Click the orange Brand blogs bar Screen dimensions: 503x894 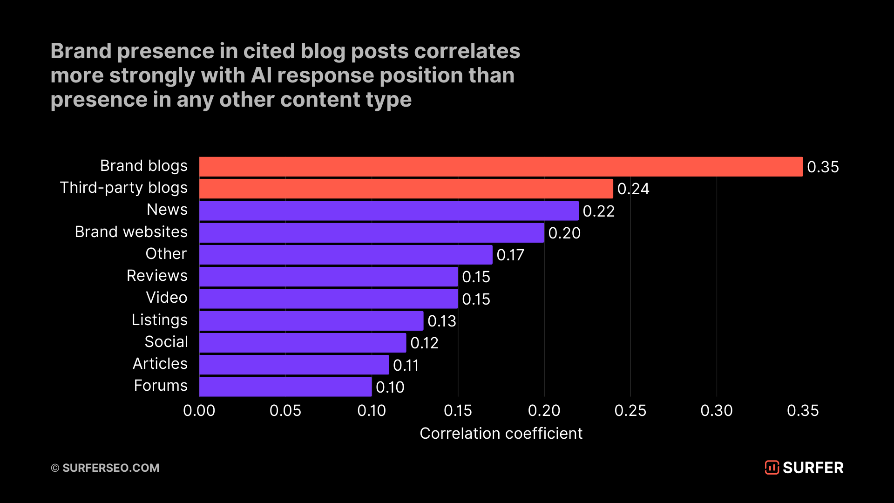(x=501, y=167)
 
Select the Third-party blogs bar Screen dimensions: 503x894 (x=406, y=189)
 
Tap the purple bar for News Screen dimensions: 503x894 (x=389, y=211)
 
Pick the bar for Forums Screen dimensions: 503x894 (x=285, y=387)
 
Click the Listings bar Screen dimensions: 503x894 (x=311, y=320)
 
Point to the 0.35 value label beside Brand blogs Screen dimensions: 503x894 (x=823, y=167)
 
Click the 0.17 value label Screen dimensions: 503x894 (x=510, y=255)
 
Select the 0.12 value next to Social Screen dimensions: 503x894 (x=424, y=343)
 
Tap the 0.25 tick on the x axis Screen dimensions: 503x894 (x=630, y=410)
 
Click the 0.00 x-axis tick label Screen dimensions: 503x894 (x=199, y=410)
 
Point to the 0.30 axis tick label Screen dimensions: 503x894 (x=716, y=410)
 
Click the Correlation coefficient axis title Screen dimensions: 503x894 (x=501, y=433)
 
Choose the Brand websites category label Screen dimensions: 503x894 (x=131, y=231)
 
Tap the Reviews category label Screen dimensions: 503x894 (x=157, y=275)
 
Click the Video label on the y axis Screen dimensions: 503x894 (x=166, y=297)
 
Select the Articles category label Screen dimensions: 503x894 (x=160, y=363)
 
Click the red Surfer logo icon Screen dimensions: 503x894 (x=772, y=467)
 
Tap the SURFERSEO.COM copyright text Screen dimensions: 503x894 (x=110, y=468)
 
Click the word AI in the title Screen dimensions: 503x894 (x=261, y=75)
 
